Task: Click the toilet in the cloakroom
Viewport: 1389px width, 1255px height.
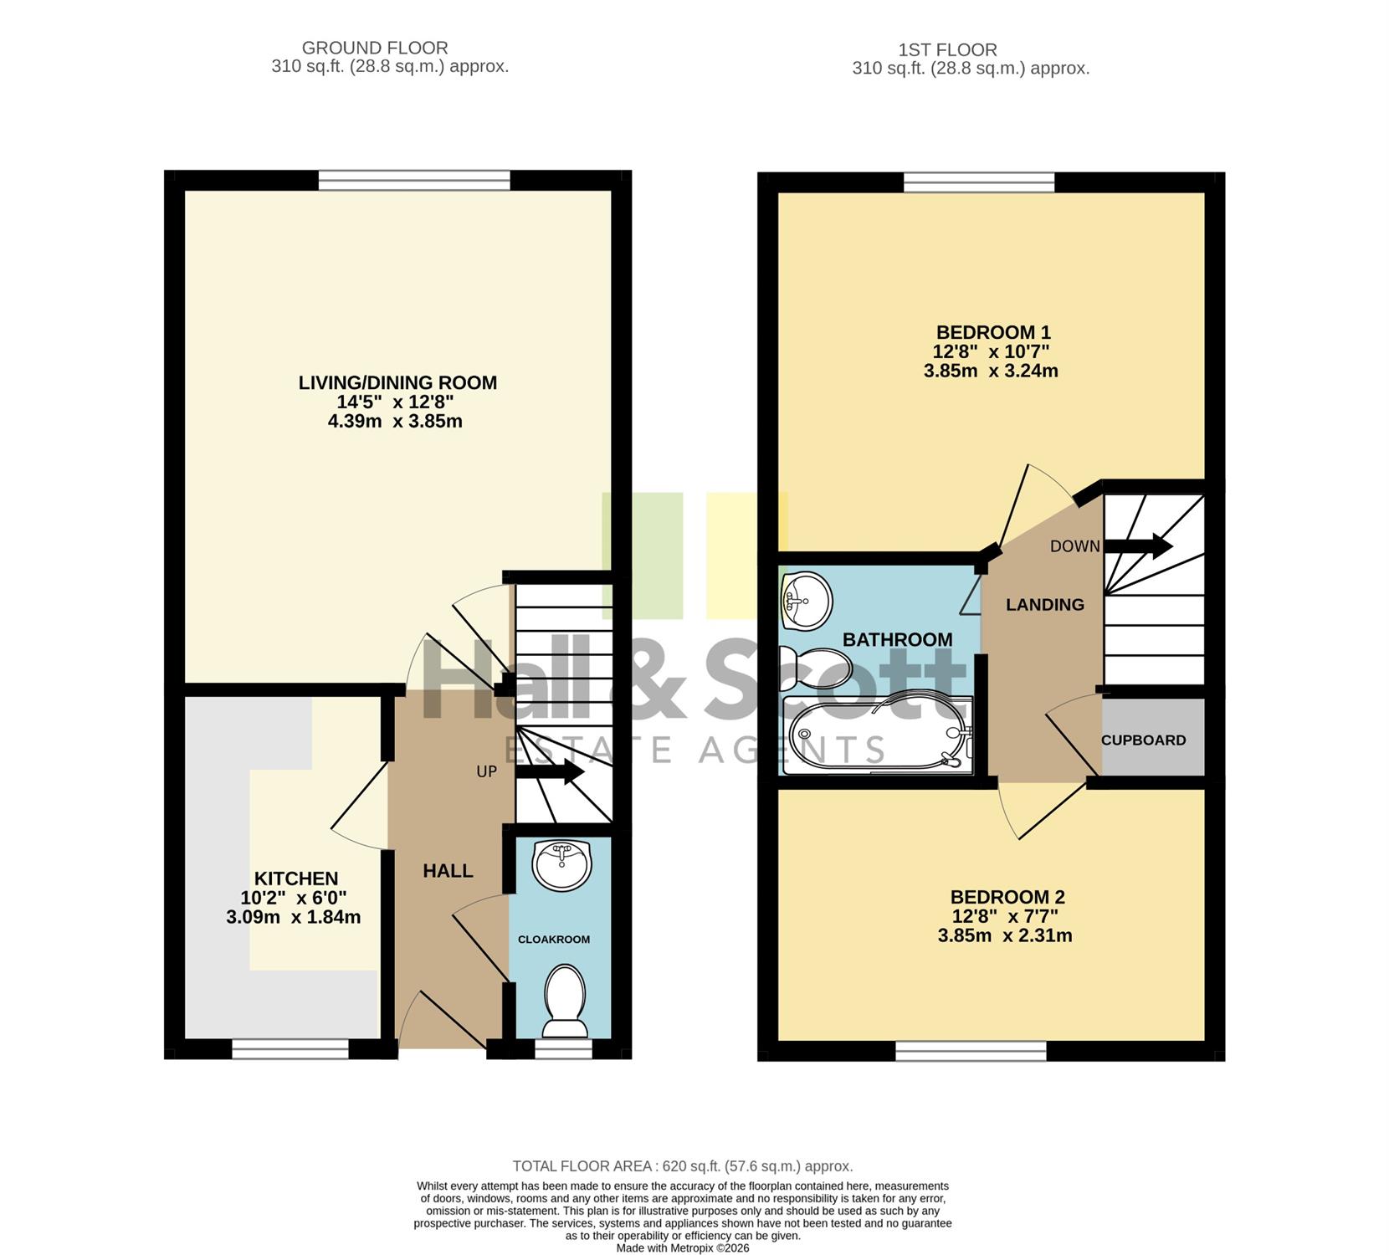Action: pos(565,1001)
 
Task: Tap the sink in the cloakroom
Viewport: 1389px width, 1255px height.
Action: pos(562,866)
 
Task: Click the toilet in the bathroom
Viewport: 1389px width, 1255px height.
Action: pos(815,669)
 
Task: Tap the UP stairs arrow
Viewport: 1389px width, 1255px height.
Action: pos(550,771)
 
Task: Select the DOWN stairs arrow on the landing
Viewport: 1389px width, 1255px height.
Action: pos(1139,546)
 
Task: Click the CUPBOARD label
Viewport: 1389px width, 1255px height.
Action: pos(1143,740)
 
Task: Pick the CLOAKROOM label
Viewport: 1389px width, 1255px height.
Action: pos(554,940)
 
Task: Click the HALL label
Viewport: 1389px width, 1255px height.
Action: pos(448,871)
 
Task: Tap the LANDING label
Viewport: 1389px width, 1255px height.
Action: pos(1045,605)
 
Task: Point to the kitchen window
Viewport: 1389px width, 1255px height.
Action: pos(290,1049)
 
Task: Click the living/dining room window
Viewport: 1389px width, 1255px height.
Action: pos(414,181)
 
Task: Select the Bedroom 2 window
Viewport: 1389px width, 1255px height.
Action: pos(971,1051)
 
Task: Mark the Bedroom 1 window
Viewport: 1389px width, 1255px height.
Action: pos(979,182)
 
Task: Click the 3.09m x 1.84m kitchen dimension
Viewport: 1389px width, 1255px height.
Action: pos(294,917)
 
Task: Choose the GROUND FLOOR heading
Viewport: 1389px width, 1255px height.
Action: pos(375,49)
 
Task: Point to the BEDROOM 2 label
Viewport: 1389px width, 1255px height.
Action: pos(1007,897)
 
